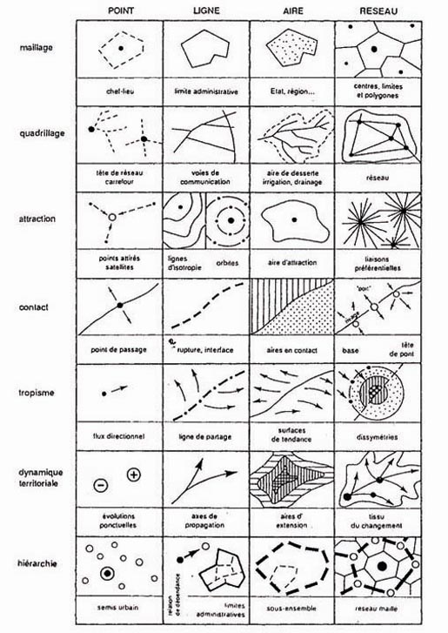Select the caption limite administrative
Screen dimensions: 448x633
click(x=205, y=89)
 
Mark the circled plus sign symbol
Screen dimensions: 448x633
click(x=133, y=475)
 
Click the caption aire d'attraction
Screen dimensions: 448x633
click(x=292, y=262)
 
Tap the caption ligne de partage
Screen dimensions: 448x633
click(x=205, y=434)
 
